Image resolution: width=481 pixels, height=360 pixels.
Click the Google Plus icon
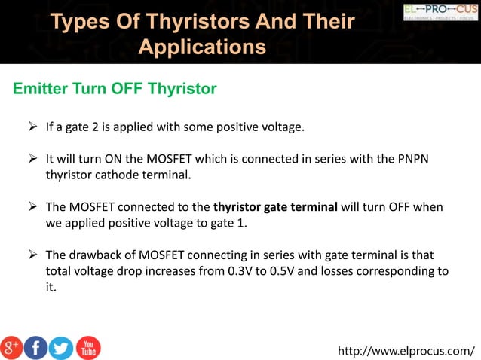coord(12,347)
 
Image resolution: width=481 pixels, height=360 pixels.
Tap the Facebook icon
coord(35,347)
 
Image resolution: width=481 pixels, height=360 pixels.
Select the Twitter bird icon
coord(60,347)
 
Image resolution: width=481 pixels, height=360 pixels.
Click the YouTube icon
coord(87,347)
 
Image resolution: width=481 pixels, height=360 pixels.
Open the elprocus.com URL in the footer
coord(406,350)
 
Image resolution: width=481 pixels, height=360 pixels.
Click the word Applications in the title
coord(203,47)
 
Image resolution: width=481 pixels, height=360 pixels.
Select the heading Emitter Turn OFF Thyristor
coord(115,90)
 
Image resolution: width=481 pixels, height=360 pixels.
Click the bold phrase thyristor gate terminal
coord(275,207)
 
